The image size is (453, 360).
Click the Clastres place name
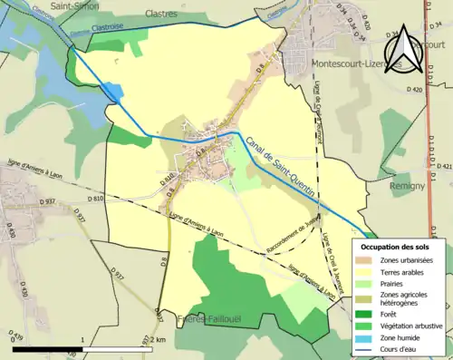coord(162,15)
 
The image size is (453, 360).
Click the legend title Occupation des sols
coord(396,247)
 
